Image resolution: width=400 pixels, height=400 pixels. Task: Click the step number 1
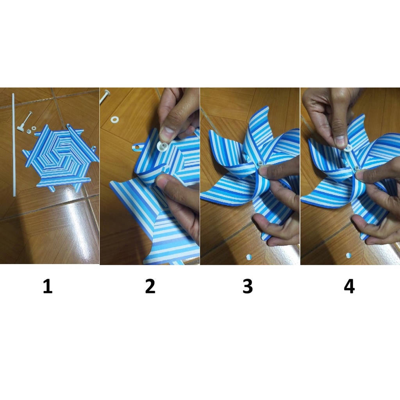[48, 286]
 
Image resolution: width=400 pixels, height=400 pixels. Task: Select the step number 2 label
[150, 286]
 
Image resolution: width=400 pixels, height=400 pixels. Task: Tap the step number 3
[248, 286]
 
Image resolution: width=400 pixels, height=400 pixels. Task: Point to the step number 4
[349, 286]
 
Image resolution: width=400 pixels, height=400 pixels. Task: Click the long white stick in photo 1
[14, 145]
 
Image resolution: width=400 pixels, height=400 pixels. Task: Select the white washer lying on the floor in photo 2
[115, 119]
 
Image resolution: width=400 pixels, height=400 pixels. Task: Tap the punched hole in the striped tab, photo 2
[138, 147]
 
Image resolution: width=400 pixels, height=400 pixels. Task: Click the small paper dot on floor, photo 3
[249, 257]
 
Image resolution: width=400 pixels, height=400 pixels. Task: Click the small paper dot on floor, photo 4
[348, 255]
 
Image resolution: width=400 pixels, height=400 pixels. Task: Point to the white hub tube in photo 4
[357, 168]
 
